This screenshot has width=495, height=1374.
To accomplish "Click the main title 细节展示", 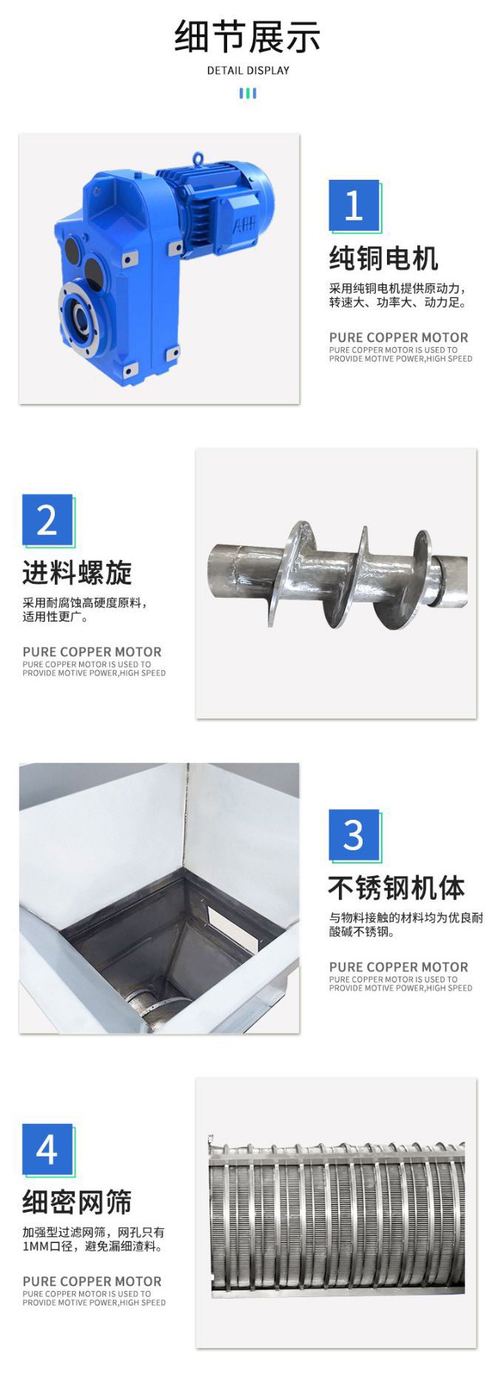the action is click(x=247, y=37).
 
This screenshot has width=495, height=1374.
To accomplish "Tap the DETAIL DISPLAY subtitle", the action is click(x=248, y=71).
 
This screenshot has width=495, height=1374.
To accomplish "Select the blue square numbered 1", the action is click(x=354, y=205).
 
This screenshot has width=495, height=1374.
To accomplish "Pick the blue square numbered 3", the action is click(x=354, y=835).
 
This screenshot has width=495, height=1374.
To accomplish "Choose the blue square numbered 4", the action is click(x=47, y=1149).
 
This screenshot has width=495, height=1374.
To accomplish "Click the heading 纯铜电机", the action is click(x=384, y=258).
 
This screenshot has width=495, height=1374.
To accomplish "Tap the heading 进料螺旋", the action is click(x=77, y=573).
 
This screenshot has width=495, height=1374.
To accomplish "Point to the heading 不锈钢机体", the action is click(x=397, y=888).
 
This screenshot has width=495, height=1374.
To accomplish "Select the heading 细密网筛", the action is click(x=77, y=1202).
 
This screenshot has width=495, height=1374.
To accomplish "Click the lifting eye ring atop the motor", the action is click(x=198, y=158).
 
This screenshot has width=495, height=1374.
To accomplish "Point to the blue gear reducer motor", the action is click(x=163, y=268).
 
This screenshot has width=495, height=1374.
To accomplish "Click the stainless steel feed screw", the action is click(x=338, y=573).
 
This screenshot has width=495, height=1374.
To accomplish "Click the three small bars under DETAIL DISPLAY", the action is click(x=248, y=93).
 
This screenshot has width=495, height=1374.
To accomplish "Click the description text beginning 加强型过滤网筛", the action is click(x=93, y=1239).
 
